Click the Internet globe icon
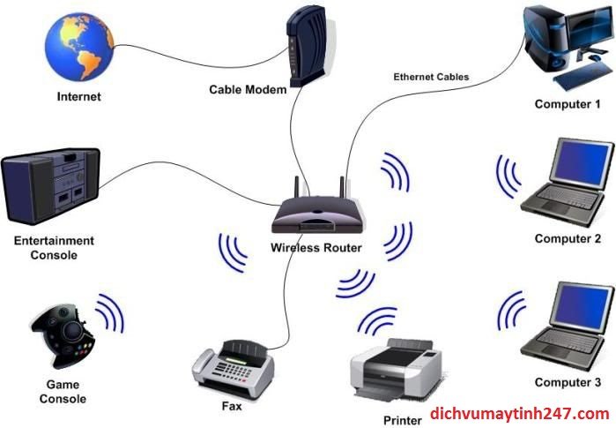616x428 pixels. pyautogui.click(x=79, y=46)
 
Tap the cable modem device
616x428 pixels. pyautogui.click(x=307, y=46)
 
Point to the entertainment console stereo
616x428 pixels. pyautogui.click(x=50, y=186)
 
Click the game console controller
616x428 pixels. pyautogui.click(x=63, y=335)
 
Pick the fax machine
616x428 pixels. pyautogui.click(x=233, y=369)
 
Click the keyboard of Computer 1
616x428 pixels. pyautogui.click(x=583, y=76)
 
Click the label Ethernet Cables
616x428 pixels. pyautogui.click(x=431, y=77)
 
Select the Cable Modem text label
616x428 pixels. pyautogui.click(x=248, y=90)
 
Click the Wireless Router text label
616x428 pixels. pyautogui.click(x=316, y=248)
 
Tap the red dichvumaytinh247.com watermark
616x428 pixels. pyautogui.click(x=520, y=414)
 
